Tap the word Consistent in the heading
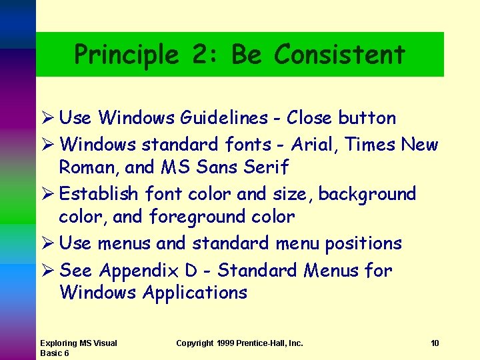[x=339, y=54]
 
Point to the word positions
[x=363, y=243]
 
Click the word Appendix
[x=140, y=270]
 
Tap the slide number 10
[x=435, y=343]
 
